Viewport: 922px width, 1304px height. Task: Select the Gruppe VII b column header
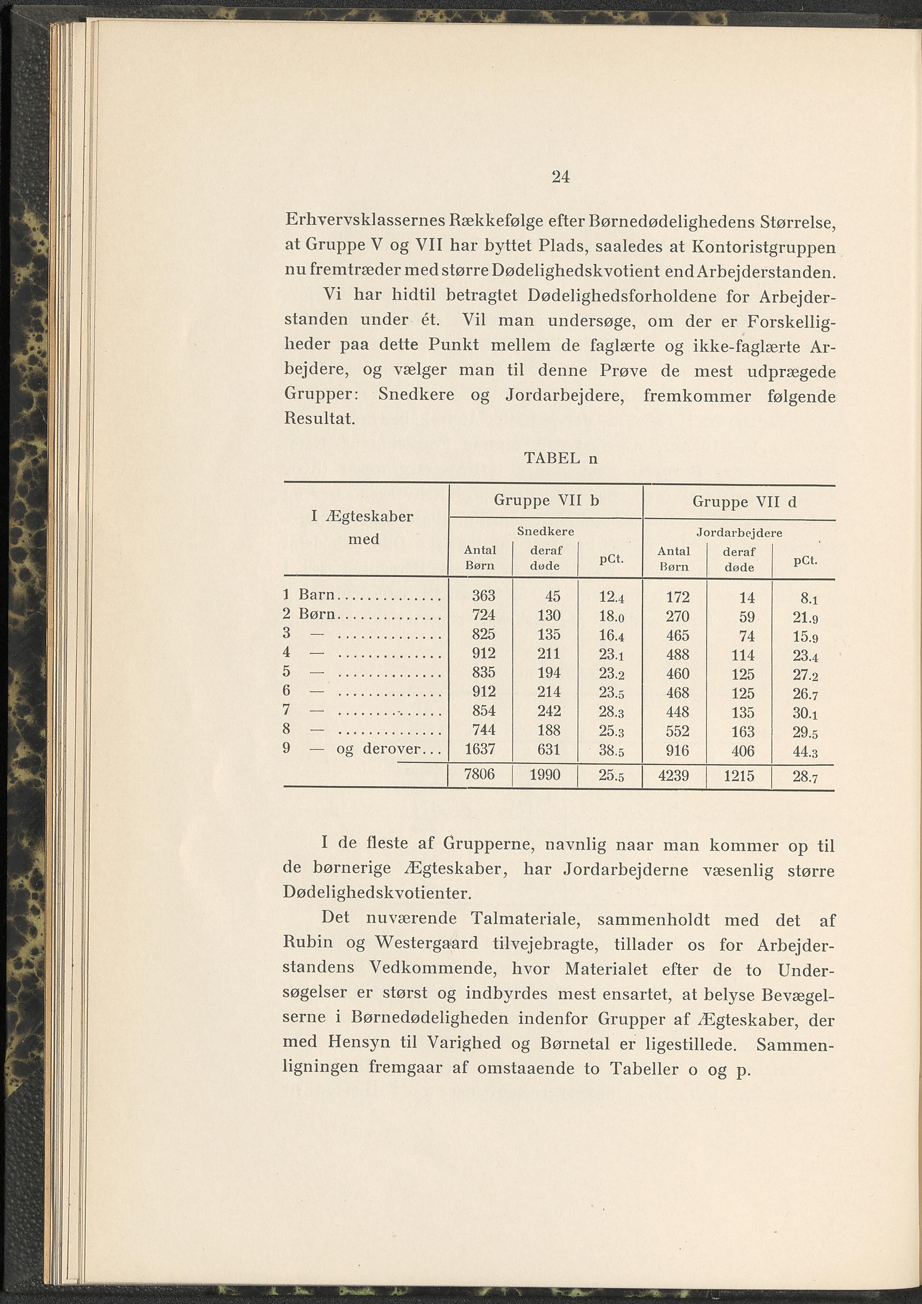(x=546, y=500)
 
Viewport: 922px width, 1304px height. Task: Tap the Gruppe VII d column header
(x=744, y=502)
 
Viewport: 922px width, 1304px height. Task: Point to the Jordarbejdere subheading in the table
(x=739, y=533)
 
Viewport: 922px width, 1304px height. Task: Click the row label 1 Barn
(x=309, y=595)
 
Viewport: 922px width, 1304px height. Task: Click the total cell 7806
(x=480, y=774)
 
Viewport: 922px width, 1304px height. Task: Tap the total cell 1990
(x=545, y=775)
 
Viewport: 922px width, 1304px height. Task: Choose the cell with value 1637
(x=480, y=749)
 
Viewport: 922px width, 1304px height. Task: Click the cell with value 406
(x=743, y=751)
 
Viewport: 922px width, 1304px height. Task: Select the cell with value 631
(x=548, y=750)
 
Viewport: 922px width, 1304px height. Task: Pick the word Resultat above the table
(x=319, y=420)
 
